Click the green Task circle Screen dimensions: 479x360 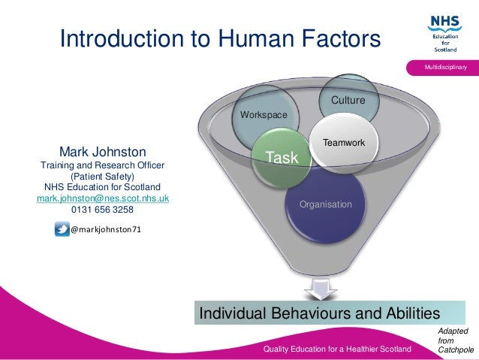(x=282, y=157)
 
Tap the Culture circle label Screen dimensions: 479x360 (x=348, y=100)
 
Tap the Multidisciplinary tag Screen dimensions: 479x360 (x=446, y=68)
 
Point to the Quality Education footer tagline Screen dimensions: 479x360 (x=337, y=350)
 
